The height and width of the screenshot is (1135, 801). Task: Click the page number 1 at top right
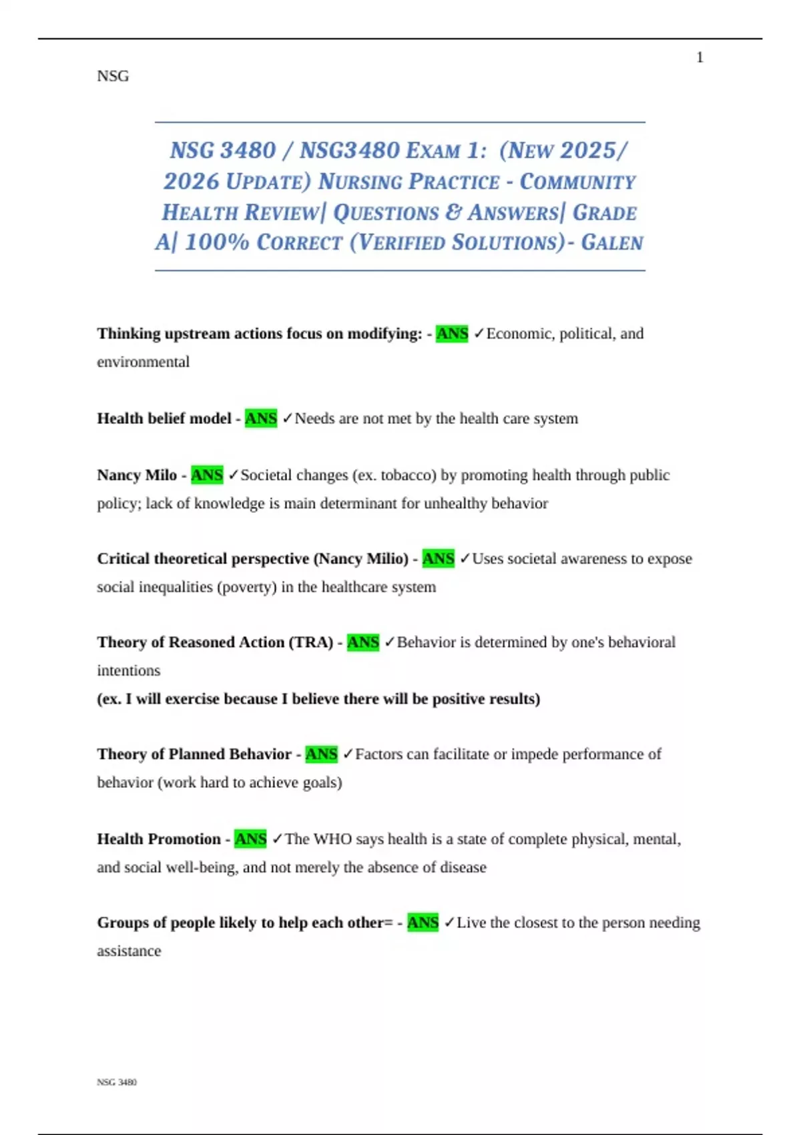tap(700, 58)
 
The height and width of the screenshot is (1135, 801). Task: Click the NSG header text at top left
tap(113, 76)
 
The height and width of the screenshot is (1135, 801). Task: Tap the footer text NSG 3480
tap(117, 1082)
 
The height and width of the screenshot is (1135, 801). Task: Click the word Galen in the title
tap(612, 242)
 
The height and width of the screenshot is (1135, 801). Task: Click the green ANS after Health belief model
tap(261, 419)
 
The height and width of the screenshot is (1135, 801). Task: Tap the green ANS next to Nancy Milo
tap(207, 475)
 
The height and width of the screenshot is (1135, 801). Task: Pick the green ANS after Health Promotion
tap(250, 839)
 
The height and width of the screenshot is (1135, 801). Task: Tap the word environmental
tap(143, 362)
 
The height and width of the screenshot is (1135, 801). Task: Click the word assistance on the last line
tap(129, 951)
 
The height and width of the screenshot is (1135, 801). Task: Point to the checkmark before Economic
tap(479, 334)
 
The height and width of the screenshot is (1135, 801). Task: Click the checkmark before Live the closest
tap(449, 923)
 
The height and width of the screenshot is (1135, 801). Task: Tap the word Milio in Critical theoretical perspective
tap(380, 559)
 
